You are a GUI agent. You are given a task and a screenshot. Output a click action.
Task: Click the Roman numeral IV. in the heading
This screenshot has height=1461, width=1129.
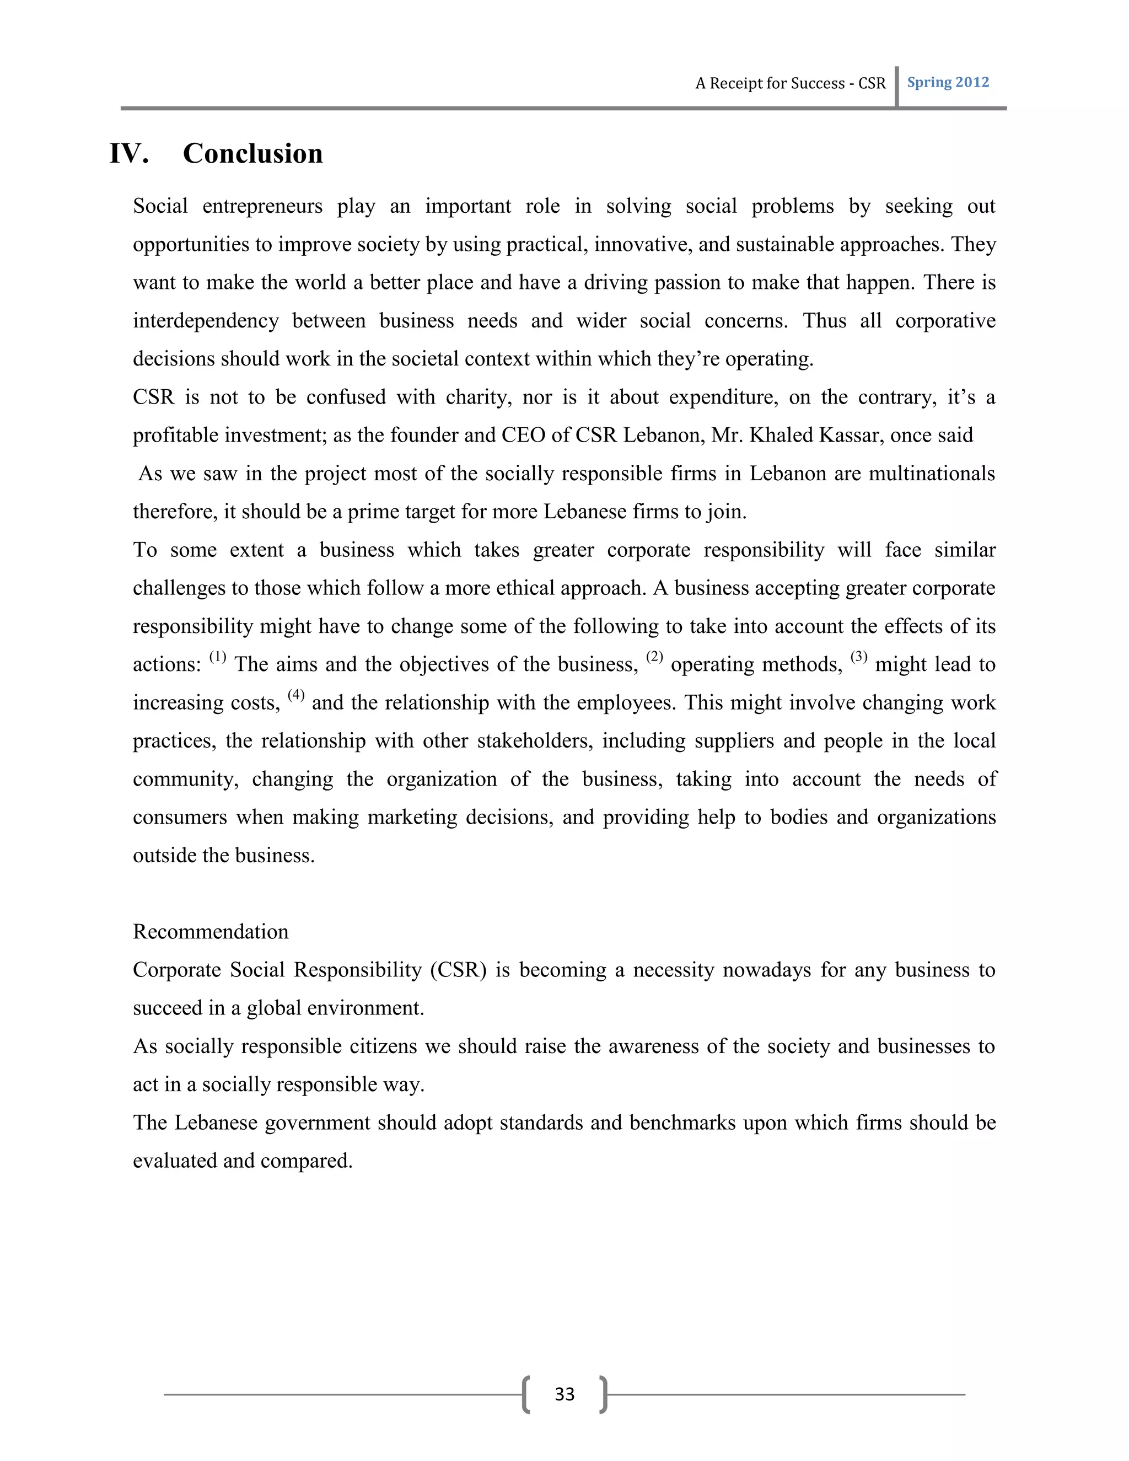128,153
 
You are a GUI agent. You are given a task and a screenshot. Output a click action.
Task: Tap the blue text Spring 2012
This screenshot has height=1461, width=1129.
948,82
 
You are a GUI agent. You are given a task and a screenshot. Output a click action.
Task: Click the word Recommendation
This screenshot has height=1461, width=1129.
211,931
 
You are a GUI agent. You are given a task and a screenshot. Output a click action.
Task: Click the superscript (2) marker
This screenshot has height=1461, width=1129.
654,657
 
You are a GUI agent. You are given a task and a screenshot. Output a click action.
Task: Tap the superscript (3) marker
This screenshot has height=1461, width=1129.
859,657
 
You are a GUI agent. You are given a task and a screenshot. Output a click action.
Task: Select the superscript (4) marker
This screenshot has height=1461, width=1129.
295,695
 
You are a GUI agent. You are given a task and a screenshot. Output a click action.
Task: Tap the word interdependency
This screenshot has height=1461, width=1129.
205,320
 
